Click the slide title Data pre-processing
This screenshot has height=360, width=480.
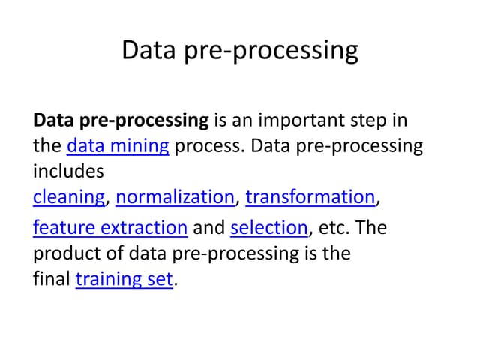[x=239, y=51]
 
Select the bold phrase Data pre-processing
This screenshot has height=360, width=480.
[x=121, y=120]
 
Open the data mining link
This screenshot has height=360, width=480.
[x=118, y=145]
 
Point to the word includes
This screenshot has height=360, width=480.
[x=68, y=171]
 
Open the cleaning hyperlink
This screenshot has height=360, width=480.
[x=69, y=197]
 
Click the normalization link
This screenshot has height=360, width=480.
[x=175, y=197]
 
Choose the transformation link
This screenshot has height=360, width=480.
[x=310, y=197]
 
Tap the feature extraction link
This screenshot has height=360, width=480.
[x=110, y=227]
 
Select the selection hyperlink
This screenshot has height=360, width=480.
[x=269, y=227]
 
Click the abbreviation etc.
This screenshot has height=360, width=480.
[x=334, y=227]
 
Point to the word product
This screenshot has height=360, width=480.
[x=66, y=253]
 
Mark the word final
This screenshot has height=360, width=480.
[x=51, y=279]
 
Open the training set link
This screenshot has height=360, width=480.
[x=124, y=279]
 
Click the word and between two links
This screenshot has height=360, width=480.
[x=209, y=227]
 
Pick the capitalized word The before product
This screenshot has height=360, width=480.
[x=372, y=227]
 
